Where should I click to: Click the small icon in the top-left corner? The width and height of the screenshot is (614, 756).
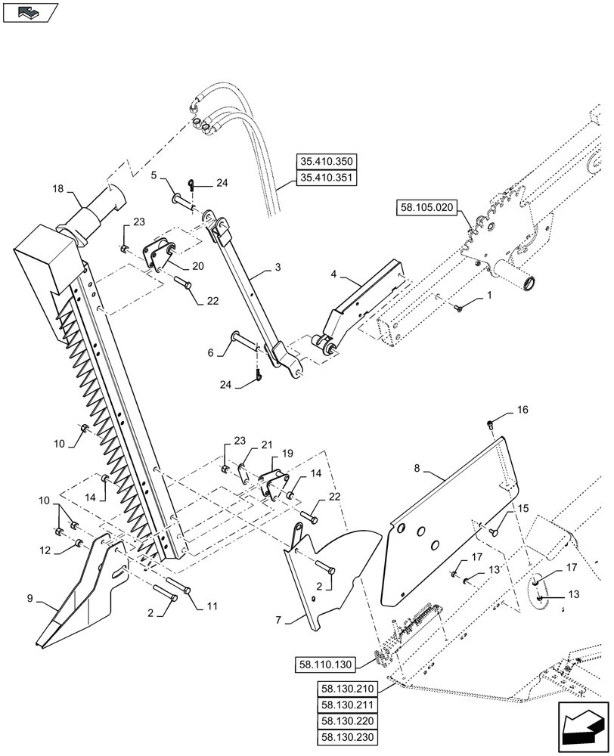(30, 13)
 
